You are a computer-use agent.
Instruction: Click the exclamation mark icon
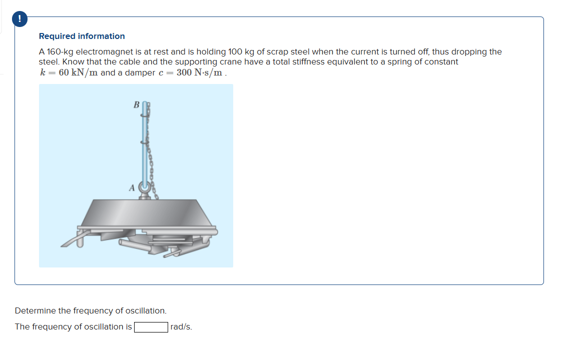pyautogui.click(x=19, y=19)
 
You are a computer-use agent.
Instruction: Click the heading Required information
pyautogui.click(x=82, y=36)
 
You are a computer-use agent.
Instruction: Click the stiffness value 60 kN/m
pyautogui.click(x=78, y=72)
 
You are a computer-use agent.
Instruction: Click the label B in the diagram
pyautogui.click(x=136, y=105)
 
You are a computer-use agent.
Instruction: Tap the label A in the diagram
pyautogui.click(x=132, y=187)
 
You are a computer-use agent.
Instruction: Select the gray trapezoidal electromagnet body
pyautogui.click(x=145, y=213)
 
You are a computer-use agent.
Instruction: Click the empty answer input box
pyautogui.click(x=151, y=327)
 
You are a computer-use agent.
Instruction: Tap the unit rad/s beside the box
pyautogui.click(x=181, y=327)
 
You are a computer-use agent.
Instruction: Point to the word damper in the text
pyautogui.click(x=126, y=72)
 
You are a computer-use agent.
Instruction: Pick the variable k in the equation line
pyautogui.click(x=43, y=72)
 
